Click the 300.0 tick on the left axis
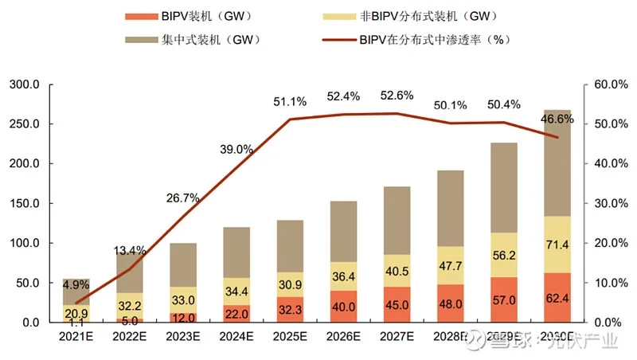click(x=25, y=85)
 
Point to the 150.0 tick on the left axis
click(x=25, y=204)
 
